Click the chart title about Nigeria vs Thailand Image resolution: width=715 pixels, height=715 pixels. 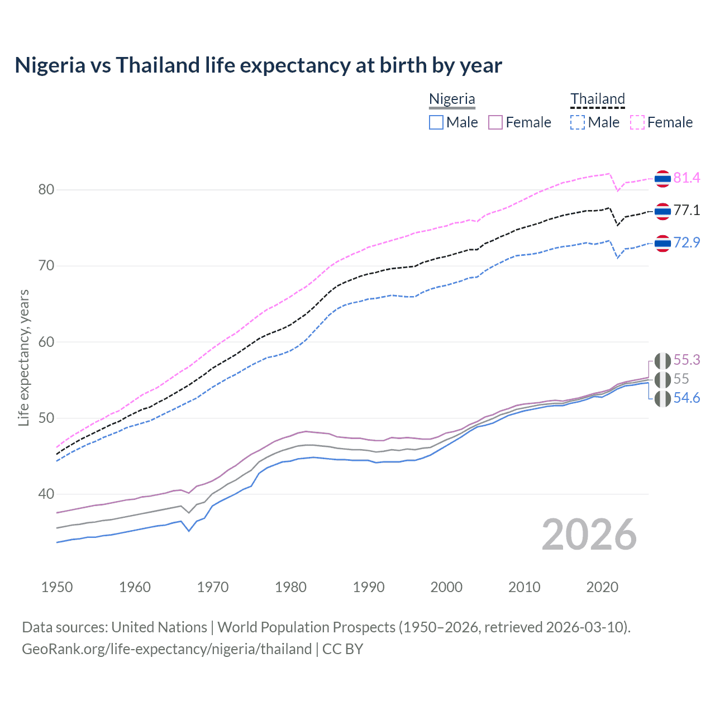pos(258,65)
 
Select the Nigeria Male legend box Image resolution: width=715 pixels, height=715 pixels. pos(436,122)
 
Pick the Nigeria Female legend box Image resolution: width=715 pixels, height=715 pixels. pos(496,122)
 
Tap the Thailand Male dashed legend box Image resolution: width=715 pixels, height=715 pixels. pos(578,122)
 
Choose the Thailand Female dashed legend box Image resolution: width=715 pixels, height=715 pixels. pos(637,122)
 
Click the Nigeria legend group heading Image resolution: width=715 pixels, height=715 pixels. pos(452,99)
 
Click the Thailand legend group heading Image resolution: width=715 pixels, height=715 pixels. pos(597,99)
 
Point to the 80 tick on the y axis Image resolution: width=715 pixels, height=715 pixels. pos(46,190)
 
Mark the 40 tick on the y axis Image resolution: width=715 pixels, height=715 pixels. pos(46,494)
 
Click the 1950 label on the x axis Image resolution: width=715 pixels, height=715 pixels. pos(57,587)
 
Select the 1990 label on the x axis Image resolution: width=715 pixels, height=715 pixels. pos(369,587)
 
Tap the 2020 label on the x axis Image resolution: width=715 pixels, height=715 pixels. pos(602,587)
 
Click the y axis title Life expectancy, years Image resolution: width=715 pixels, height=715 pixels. pos(23,357)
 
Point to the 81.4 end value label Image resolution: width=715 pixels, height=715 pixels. pos(687,178)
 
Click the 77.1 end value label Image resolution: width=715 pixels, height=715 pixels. pos(687,211)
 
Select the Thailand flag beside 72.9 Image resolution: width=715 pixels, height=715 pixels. pos(662,243)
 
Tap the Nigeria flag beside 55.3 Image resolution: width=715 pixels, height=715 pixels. pos(662,360)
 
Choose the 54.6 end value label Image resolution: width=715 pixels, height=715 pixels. pos(687,398)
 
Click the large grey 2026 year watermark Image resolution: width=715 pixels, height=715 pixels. pos(589,535)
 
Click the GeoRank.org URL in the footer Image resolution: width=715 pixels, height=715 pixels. pos(166,649)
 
